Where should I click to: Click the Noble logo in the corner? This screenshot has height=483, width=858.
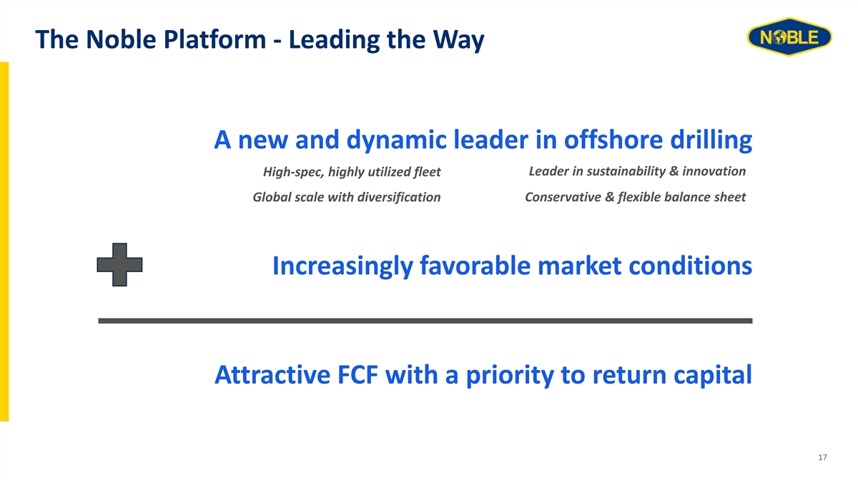click(789, 36)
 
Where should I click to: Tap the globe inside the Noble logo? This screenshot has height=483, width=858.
click(779, 37)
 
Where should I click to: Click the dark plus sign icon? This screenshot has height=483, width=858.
click(119, 265)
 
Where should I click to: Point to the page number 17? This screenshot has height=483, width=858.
click(822, 457)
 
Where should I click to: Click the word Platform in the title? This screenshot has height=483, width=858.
click(215, 40)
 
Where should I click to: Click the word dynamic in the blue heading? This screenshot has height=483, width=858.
click(396, 140)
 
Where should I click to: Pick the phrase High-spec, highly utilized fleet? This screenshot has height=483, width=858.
click(352, 172)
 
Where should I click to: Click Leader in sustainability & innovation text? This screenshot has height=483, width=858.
click(637, 171)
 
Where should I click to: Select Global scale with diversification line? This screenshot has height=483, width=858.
click(346, 197)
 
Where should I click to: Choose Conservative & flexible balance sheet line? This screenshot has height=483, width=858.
click(635, 197)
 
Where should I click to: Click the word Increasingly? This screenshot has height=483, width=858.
click(342, 266)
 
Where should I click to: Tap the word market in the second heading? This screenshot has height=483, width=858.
click(580, 265)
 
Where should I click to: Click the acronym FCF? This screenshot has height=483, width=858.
click(357, 375)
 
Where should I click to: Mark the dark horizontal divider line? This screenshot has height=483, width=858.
click(425, 321)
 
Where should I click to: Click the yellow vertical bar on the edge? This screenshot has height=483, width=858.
click(4, 242)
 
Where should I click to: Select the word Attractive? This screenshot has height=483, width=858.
click(272, 375)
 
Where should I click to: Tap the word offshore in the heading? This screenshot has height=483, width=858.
click(613, 140)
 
